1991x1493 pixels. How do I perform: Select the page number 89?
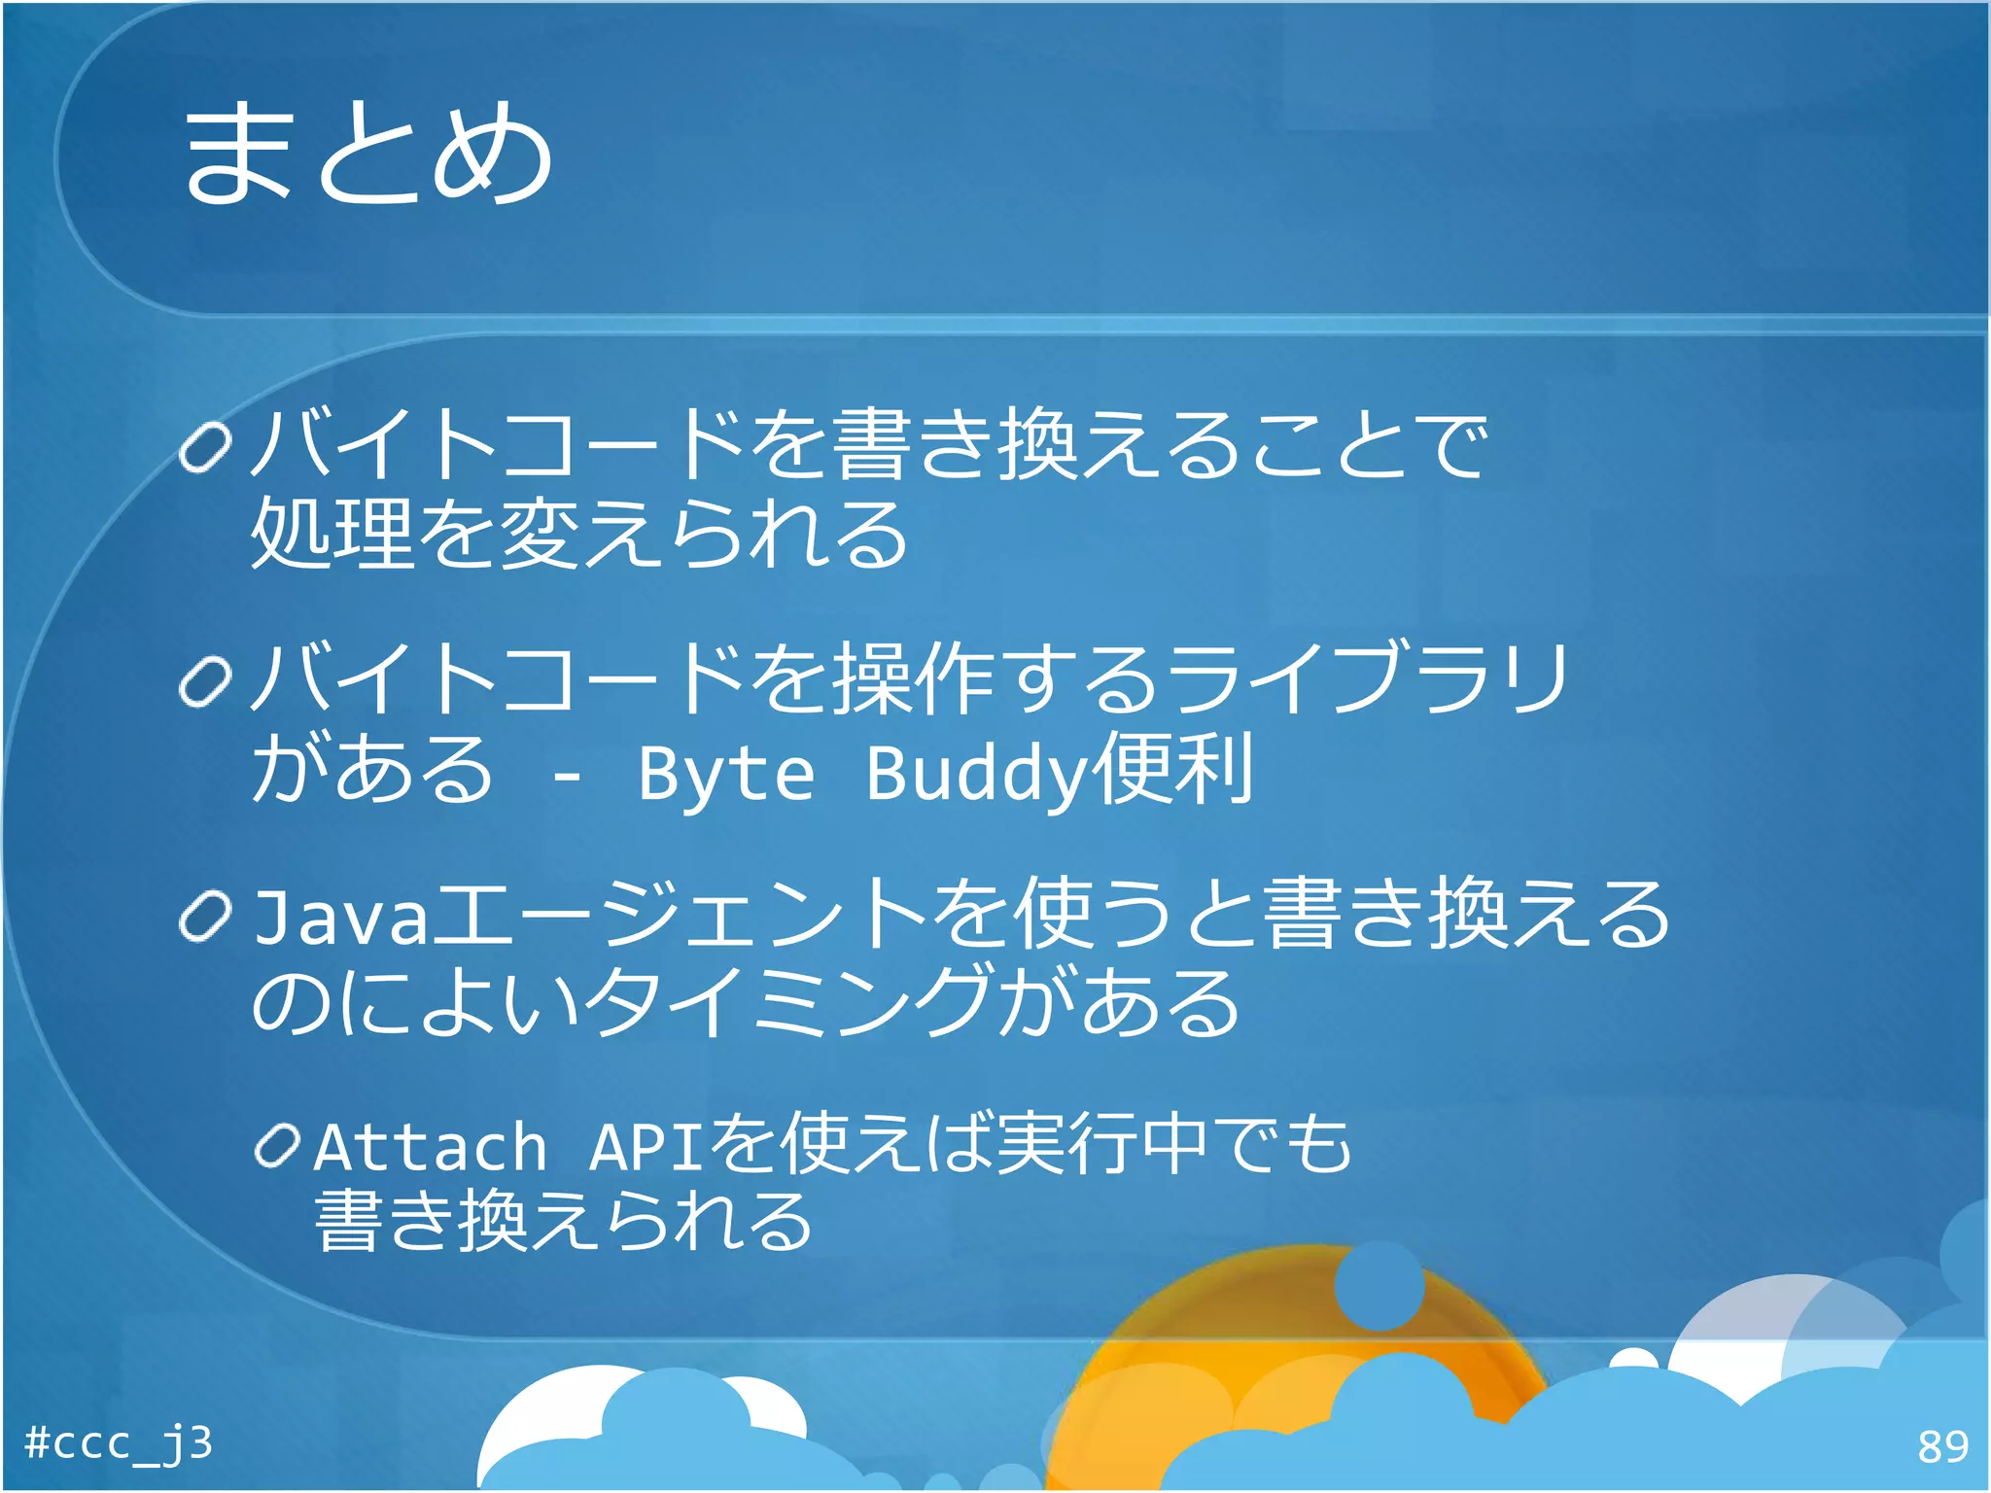pos(1942,1447)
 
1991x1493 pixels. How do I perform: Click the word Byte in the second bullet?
pos(725,774)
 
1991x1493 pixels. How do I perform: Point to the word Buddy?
pos(976,774)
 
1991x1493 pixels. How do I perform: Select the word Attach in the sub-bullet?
pos(431,1147)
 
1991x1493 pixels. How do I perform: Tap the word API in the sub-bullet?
pos(646,1147)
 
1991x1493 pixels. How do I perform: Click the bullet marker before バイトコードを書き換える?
pos(206,448)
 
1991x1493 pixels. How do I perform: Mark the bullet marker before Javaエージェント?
pos(206,917)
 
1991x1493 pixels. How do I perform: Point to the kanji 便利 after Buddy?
pos(1171,770)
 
